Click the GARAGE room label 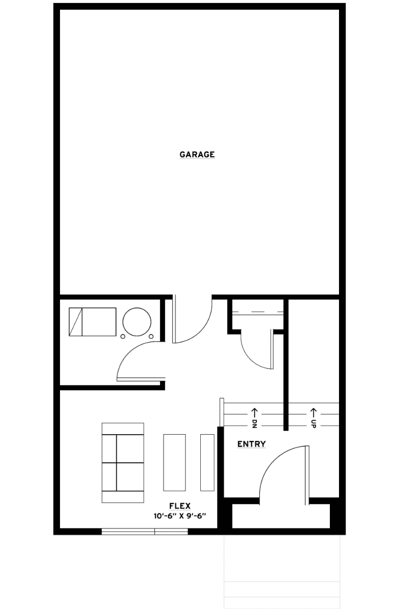pyautogui.click(x=197, y=154)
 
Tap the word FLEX pyautogui.click(x=180, y=506)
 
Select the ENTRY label pyautogui.click(x=252, y=444)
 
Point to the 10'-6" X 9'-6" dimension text pyautogui.click(x=180, y=516)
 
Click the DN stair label pyautogui.click(x=254, y=424)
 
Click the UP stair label pyautogui.click(x=313, y=424)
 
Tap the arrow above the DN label pyautogui.click(x=254, y=412)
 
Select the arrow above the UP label pyautogui.click(x=313, y=412)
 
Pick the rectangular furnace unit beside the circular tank pyautogui.click(x=93, y=322)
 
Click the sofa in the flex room pyautogui.click(x=122, y=463)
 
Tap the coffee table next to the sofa pyautogui.click(x=174, y=463)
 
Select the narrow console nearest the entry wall pyautogui.click(x=207, y=463)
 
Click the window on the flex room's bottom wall pyautogui.click(x=145, y=531)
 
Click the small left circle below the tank pyautogui.click(x=123, y=337)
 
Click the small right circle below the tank pyautogui.click(x=151, y=337)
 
